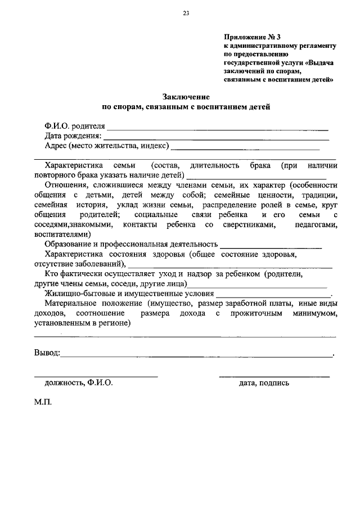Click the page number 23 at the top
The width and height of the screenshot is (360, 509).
(x=186, y=13)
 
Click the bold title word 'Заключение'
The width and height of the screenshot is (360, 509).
(x=186, y=96)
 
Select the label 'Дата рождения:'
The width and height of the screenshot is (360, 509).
(x=73, y=136)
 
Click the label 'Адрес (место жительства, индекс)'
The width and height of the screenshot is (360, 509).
(x=106, y=146)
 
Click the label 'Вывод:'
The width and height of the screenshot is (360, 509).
(x=47, y=353)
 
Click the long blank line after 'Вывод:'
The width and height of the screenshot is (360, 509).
(x=197, y=356)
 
